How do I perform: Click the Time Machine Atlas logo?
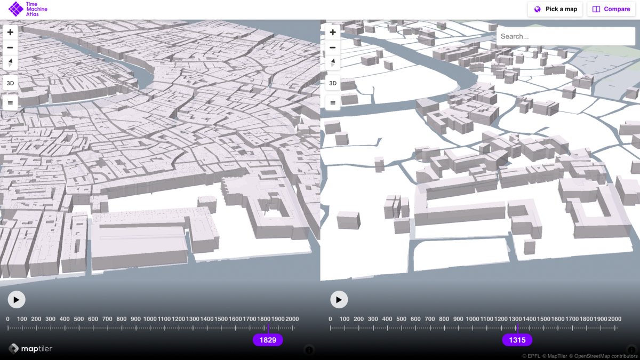point(24,9)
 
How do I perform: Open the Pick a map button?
point(555,9)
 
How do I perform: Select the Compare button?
point(611,9)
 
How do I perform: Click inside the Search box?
point(565,36)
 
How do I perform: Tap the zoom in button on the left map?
point(10,32)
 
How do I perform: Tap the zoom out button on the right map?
point(333,47)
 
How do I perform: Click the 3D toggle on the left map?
point(10,83)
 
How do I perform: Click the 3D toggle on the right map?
point(333,83)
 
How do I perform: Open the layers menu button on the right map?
point(333,102)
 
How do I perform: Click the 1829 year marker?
point(268,340)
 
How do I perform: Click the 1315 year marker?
point(517,340)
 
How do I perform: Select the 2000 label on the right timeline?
point(614,319)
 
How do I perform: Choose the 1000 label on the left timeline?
point(150,319)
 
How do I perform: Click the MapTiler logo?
point(30,349)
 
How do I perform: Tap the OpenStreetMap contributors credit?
point(602,356)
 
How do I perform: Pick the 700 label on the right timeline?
point(430,319)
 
